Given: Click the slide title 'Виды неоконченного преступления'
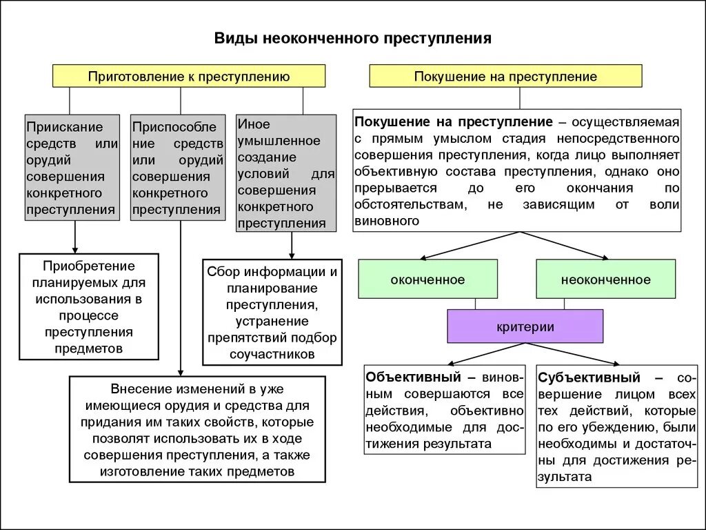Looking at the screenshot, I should coord(352,38).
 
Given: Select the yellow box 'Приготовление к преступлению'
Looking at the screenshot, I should coord(189,76).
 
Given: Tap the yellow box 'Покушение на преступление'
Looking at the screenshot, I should coord(505,76).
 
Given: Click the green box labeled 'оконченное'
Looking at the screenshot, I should coord(427,279).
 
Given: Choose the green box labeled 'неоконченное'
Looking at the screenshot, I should coord(605,279).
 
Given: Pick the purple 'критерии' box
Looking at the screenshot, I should coord(525,326).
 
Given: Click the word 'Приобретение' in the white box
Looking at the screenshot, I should coord(89,266).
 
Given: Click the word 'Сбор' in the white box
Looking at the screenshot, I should coord(221,271).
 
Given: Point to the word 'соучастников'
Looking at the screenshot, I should coord(272,354).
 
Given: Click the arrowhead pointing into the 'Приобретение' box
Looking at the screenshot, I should coord(74,250).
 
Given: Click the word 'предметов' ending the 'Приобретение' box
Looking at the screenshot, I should coord(89,349).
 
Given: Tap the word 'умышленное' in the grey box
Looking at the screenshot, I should coord(279,141).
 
